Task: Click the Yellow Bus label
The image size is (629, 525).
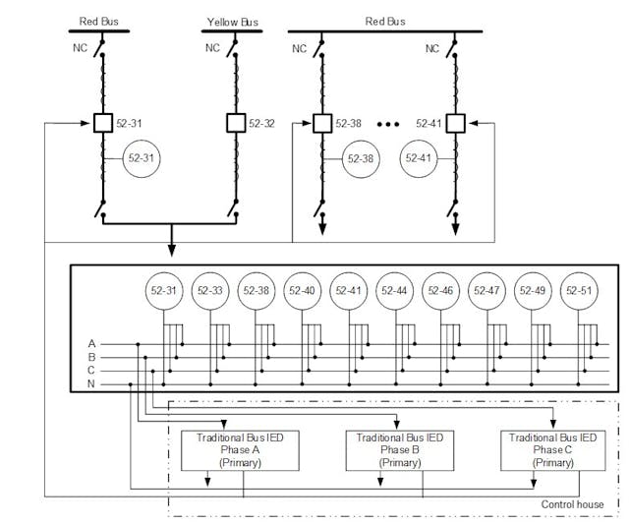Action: pos(230,21)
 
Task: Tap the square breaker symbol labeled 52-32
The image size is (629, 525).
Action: pos(235,123)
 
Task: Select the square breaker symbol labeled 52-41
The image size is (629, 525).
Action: pos(456,124)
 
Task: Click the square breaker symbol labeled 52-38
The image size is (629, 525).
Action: pos(320,124)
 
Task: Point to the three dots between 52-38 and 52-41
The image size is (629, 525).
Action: pos(386,124)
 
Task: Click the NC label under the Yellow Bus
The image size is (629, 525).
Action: pos(213,47)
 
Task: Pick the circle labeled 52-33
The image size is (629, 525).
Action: pos(211,291)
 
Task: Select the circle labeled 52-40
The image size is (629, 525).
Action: pos(304,291)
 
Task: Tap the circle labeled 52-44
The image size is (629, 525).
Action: pos(396,291)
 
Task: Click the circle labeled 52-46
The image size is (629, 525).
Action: pos(442,291)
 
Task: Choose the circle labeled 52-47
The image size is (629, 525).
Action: pos(488,291)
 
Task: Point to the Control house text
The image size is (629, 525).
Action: pos(574,504)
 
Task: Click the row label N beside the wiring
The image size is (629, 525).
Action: pos(91,383)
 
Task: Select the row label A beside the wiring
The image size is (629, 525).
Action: pos(91,343)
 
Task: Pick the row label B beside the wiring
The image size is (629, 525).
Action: pos(91,357)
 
